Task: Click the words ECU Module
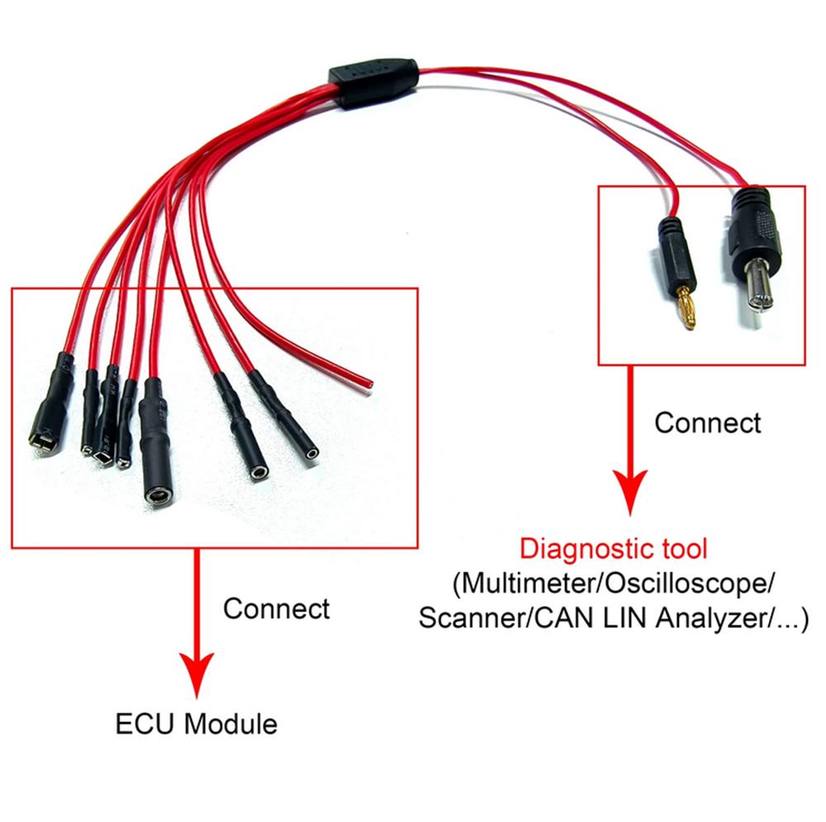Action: pos(196,725)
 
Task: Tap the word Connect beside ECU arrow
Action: pos(276,609)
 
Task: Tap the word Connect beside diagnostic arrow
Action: pos(708,423)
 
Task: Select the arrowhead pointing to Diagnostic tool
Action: pos(632,496)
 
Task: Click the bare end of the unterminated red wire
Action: pos(368,382)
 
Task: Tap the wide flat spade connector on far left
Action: pos(44,439)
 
